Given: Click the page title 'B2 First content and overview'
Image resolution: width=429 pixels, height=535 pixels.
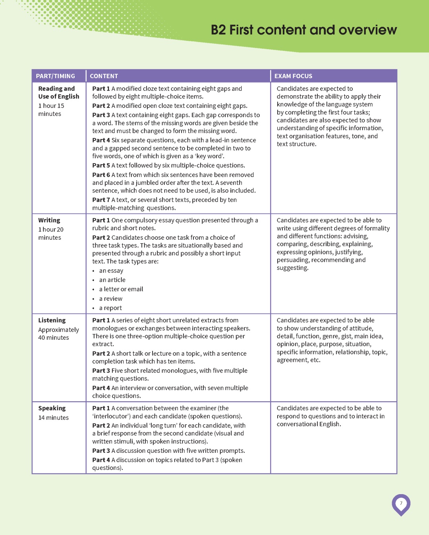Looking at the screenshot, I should [x=303, y=30].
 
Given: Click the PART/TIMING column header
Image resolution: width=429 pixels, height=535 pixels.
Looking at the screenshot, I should [x=55, y=76].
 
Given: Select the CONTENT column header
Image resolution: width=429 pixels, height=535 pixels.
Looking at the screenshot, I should [x=104, y=76].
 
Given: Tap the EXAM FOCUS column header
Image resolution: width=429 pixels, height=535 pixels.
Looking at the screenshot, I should [x=293, y=76].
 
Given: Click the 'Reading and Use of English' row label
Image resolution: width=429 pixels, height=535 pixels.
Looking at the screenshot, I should [x=58, y=92].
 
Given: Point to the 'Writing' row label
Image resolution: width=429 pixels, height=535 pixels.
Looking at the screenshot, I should [x=49, y=220].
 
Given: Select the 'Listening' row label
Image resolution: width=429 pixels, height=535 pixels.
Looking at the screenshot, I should [x=52, y=320].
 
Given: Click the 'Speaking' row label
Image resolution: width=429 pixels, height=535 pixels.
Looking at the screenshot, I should [x=52, y=408].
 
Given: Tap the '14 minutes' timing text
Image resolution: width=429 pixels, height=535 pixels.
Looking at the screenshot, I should [x=53, y=418].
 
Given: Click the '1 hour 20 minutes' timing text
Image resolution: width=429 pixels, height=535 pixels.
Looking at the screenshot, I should [x=50, y=234].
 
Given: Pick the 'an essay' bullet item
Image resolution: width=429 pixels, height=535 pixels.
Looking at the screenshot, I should [x=111, y=271].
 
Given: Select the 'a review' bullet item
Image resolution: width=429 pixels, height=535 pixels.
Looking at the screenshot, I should [x=111, y=299].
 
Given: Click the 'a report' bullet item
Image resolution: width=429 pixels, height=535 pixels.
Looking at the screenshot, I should [x=110, y=308].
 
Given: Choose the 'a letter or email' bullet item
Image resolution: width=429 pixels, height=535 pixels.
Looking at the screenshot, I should [x=121, y=289].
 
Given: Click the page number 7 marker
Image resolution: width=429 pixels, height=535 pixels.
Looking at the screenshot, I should [x=401, y=503].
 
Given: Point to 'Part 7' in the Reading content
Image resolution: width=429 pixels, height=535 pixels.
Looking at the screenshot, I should [x=101, y=200].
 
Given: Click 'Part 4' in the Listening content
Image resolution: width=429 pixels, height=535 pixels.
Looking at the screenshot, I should [x=101, y=388].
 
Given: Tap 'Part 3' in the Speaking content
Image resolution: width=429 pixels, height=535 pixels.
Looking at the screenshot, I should [x=101, y=451].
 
